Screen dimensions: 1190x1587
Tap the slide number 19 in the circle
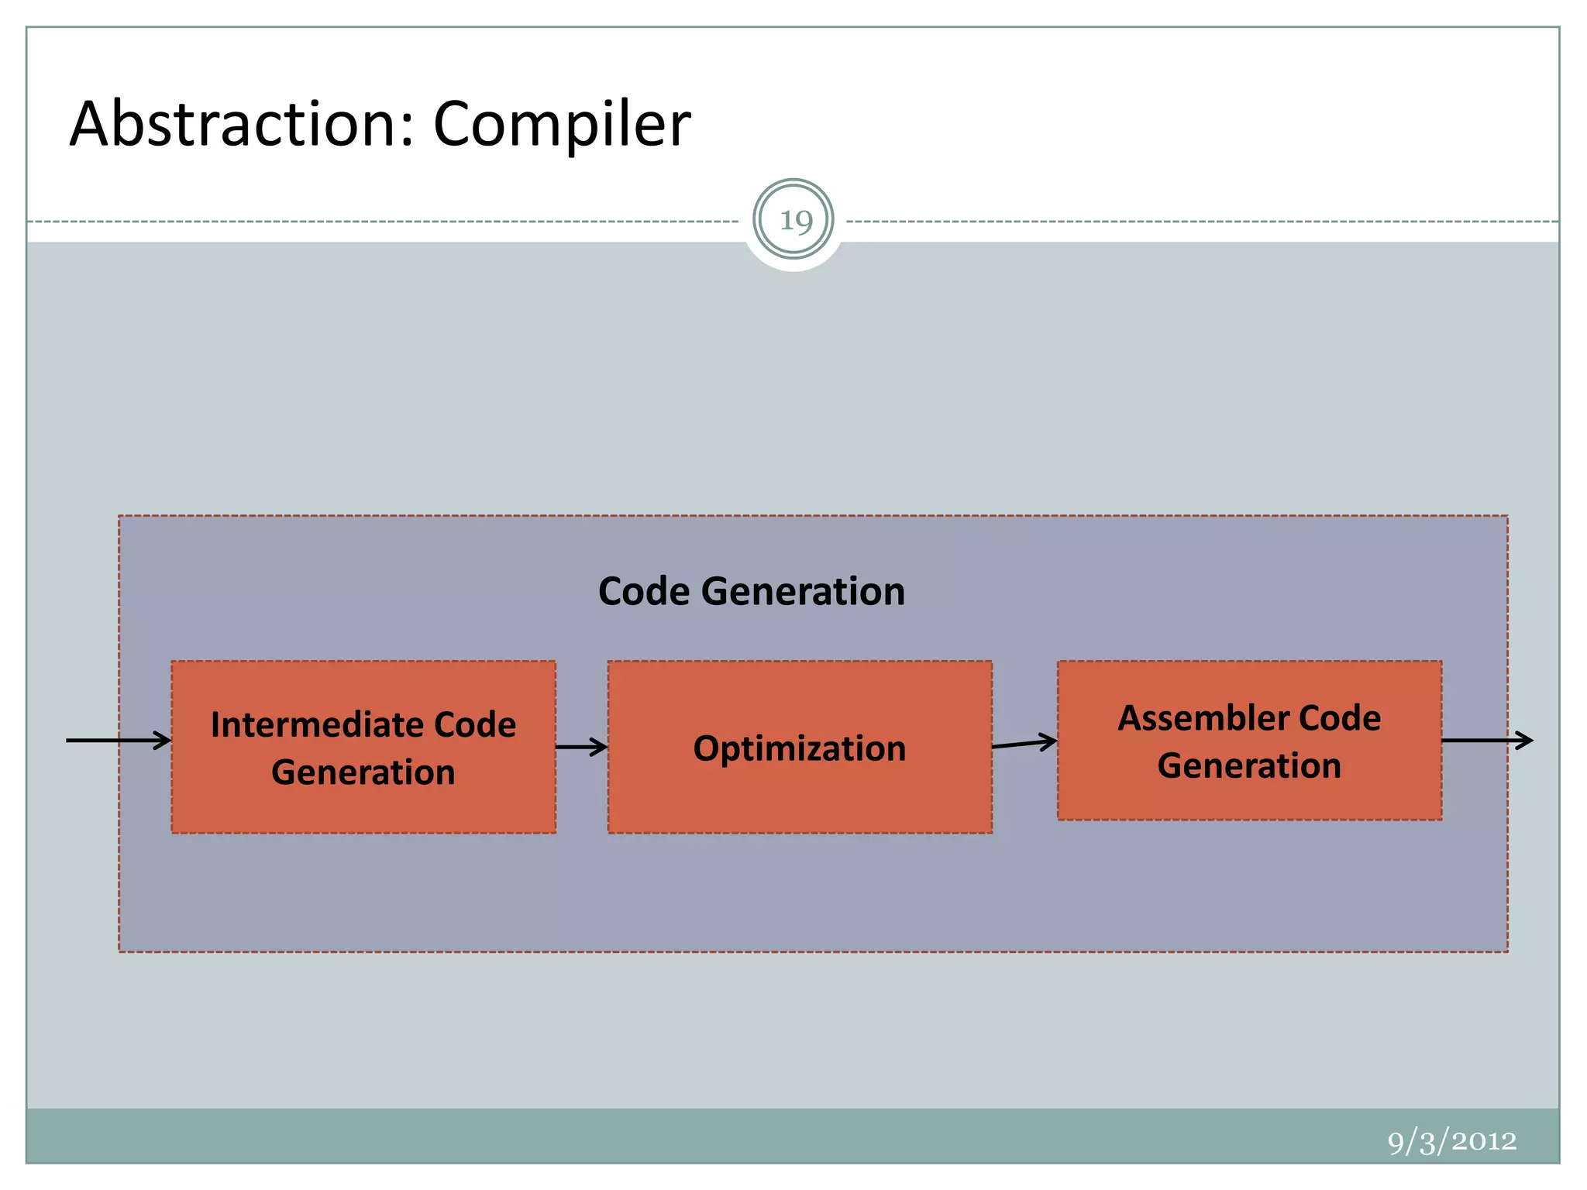coord(794,221)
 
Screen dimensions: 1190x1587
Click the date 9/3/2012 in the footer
coord(1451,1140)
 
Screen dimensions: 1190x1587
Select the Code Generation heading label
coord(751,591)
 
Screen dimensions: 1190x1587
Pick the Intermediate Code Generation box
coord(363,806)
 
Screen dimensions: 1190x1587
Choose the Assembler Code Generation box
coord(1249,798)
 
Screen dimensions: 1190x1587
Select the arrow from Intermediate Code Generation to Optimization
coord(581,748)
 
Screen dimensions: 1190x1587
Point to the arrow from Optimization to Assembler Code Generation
coord(1024,744)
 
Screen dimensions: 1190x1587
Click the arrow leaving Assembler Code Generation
coord(1486,741)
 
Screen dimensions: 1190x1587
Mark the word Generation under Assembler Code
coord(1249,765)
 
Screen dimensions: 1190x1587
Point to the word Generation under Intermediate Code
coord(363,772)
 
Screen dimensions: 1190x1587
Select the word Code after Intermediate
coord(475,725)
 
